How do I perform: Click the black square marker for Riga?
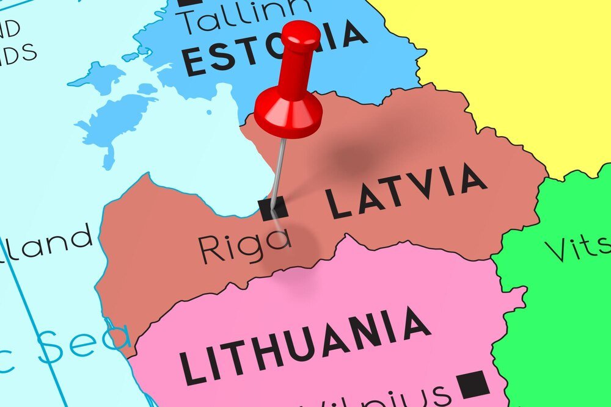click(x=273, y=209)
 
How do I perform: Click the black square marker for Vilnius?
click(x=472, y=384)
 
